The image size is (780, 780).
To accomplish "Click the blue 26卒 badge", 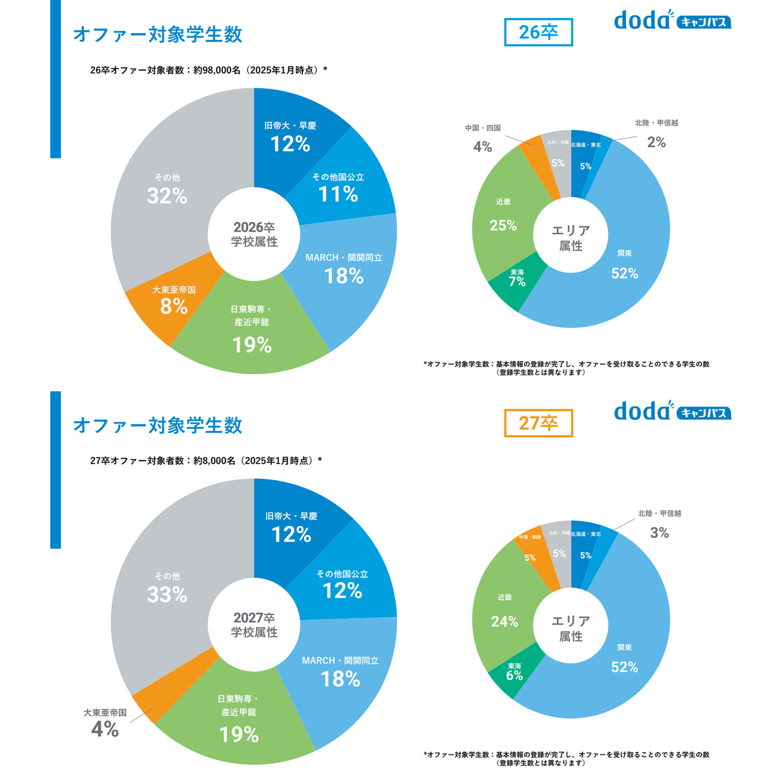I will click(x=538, y=32).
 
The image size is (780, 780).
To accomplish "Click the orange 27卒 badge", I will click(x=538, y=423).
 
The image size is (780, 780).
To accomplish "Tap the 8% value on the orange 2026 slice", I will click(x=174, y=306).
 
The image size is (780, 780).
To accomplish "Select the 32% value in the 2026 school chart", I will click(x=167, y=195).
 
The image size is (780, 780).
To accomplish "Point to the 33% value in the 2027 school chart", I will click(x=167, y=594).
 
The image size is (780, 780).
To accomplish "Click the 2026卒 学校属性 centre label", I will click(x=254, y=234).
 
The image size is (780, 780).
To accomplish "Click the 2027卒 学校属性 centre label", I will click(x=254, y=625).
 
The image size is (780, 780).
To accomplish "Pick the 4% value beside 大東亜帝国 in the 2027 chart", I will click(x=105, y=729).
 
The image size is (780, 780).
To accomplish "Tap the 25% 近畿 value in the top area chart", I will click(x=503, y=225).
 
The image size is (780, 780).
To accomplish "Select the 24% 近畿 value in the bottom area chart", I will click(x=504, y=621).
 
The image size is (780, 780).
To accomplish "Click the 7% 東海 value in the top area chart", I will click(x=517, y=282).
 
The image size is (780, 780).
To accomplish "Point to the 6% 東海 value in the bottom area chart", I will click(x=514, y=675).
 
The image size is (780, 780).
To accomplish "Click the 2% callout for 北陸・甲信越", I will click(x=656, y=142).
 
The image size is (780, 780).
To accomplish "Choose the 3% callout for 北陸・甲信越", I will click(x=659, y=533).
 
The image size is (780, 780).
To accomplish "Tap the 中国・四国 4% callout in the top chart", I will click(x=482, y=147).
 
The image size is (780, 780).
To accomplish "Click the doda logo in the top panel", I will click(x=672, y=20).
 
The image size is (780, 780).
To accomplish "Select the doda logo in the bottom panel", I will click(x=672, y=411).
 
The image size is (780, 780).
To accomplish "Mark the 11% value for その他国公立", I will click(x=338, y=194).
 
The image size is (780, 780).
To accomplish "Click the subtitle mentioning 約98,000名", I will click(x=208, y=70).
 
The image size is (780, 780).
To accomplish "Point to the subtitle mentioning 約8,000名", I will click(x=206, y=461).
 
